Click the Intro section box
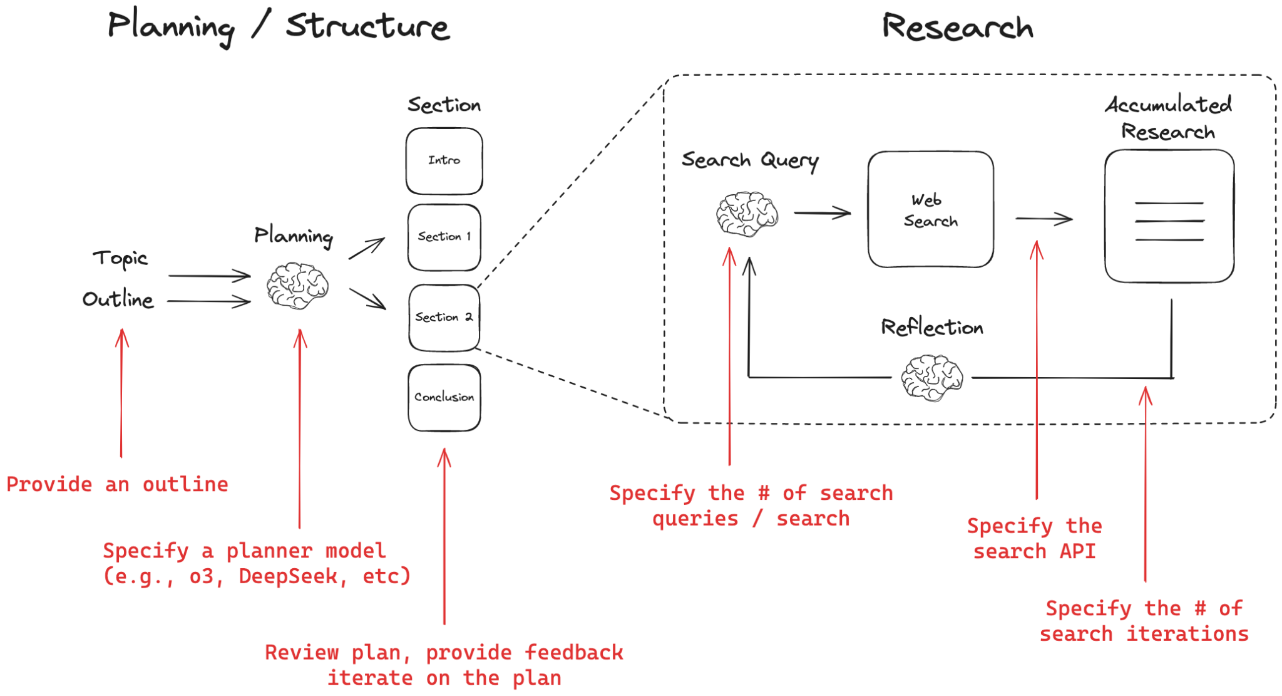point(444,161)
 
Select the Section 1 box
point(444,237)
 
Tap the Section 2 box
point(444,318)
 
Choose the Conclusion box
point(444,397)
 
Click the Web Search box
point(930,209)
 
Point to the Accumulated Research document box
point(1169,216)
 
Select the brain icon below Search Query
point(747,214)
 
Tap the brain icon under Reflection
point(931,378)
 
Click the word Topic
point(120,258)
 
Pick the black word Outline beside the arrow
point(118,299)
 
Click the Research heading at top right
point(957,28)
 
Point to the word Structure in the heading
point(367,26)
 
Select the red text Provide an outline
point(117,484)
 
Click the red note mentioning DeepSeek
point(257,563)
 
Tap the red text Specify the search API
point(1034,539)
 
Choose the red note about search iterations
point(1144,621)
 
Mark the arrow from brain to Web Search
point(822,213)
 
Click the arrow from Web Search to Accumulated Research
point(1044,219)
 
